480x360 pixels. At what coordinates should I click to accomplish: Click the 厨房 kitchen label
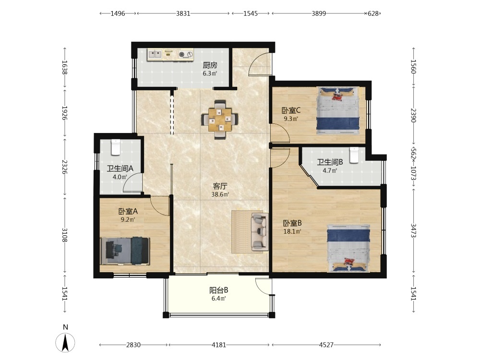[x=210, y=65]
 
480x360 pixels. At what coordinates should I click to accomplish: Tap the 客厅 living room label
[x=220, y=186]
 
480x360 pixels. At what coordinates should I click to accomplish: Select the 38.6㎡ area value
[x=220, y=194]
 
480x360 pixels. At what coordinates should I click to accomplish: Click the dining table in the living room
[x=220, y=120]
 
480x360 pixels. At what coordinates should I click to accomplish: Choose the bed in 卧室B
[x=348, y=248]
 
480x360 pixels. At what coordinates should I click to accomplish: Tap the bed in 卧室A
[x=125, y=251]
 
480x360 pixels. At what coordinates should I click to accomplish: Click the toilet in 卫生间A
[x=115, y=147]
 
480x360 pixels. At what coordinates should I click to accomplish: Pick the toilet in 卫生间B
[x=354, y=155]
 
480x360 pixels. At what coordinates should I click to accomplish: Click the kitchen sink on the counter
[x=155, y=55]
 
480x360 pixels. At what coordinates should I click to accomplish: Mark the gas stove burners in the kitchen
[x=186, y=55]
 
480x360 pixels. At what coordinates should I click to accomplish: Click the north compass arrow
[x=65, y=342]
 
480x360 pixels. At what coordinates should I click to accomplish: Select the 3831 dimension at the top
[x=183, y=13]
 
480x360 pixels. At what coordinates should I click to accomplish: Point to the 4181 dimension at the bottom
[x=219, y=345]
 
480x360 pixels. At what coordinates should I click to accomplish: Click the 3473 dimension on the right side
[x=413, y=230]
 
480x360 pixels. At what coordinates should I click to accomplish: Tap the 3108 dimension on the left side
[x=65, y=235]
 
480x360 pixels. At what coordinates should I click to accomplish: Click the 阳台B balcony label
[x=218, y=290]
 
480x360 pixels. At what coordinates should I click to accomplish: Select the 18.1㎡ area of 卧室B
[x=292, y=231]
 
